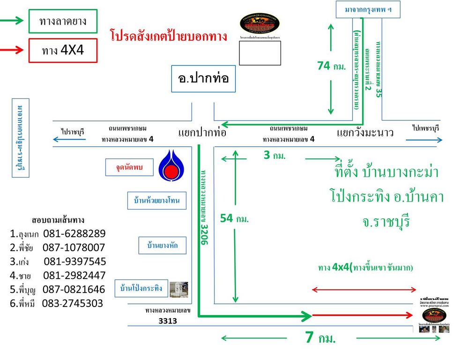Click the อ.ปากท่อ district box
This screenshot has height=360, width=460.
click(203, 78)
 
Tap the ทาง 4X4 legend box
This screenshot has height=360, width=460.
click(63, 50)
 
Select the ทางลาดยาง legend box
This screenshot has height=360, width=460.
click(63, 21)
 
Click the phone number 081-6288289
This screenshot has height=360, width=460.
click(74, 233)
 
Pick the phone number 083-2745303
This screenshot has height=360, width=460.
click(73, 303)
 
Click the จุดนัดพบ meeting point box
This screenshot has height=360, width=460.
click(129, 167)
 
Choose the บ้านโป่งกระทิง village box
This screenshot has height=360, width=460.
click(141, 288)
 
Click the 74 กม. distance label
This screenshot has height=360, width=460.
click(331, 66)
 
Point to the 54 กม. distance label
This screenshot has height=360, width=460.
click(234, 218)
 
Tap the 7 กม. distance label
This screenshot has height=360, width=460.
click(320, 338)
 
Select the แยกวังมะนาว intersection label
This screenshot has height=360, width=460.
click(365, 133)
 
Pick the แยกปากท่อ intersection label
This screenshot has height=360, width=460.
click(202, 133)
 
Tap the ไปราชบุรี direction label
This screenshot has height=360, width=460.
click(73, 132)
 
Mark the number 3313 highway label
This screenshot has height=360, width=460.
click(167, 321)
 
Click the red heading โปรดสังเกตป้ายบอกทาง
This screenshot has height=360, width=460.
click(169, 36)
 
